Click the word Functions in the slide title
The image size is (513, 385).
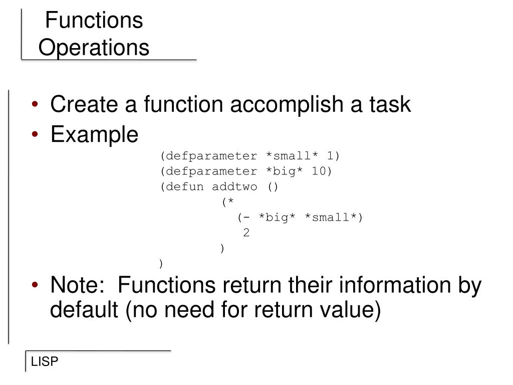pyautogui.click(x=94, y=21)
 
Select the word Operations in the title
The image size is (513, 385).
pyautogui.click(x=94, y=48)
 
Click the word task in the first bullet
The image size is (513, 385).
pyautogui.click(x=390, y=105)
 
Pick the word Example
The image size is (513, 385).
pyautogui.click(x=94, y=134)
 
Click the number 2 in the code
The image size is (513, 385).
pyautogui.click(x=246, y=233)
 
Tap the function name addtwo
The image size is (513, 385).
pyautogui.click(x=234, y=187)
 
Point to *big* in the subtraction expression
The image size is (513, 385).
pyautogui.click(x=277, y=218)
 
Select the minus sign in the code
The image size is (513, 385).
pyautogui.click(x=247, y=218)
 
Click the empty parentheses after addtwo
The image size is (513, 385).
pyautogui.click(x=273, y=187)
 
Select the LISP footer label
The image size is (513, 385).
pyautogui.click(x=45, y=362)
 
